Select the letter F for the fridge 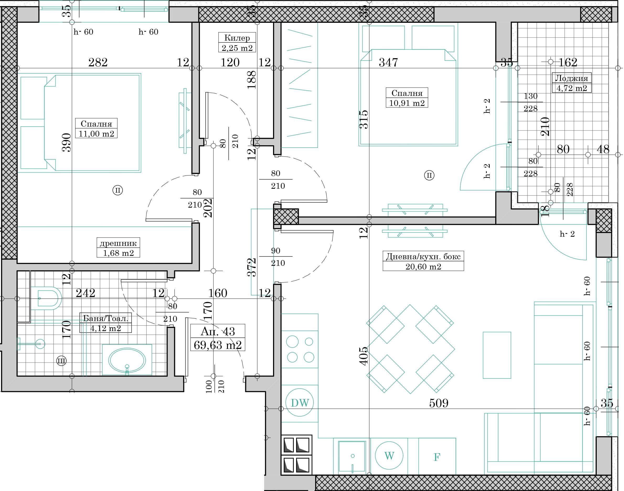(437, 457)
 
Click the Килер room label (237, 38)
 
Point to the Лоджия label (571, 78)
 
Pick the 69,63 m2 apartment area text (218, 345)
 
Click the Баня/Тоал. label (105, 318)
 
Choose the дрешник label (118, 244)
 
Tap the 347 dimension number (388, 62)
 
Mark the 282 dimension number (98, 62)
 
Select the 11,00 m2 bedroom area (96, 133)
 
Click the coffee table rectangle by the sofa (497, 355)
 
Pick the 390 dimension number (66, 143)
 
